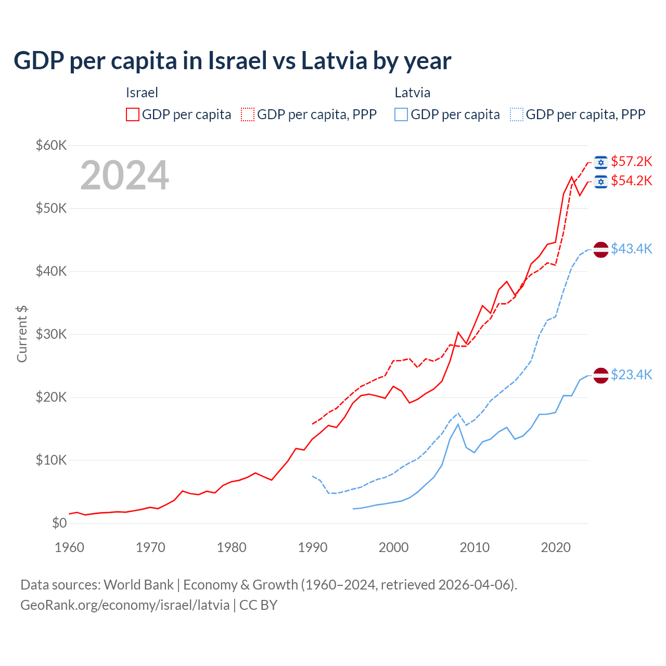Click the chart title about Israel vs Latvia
[x=232, y=61]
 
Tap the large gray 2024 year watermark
[x=124, y=175]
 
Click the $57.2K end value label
[x=631, y=161]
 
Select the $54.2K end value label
[x=631, y=181]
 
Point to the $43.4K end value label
[x=631, y=249]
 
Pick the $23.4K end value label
[x=631, y=375]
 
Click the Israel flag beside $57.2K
[x=601, y=162]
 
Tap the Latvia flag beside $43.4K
[x=601, y=250]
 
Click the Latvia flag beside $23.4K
[x=601, y=375]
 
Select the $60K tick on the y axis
[x=51, y=145]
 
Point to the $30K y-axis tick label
[x=51, y=334]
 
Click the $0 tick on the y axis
[x=59, y=523]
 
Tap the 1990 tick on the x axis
[x=313, y=547]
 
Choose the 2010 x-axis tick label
[x=475, y=547]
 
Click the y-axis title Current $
[x=22, y=334]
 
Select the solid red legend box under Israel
[x=133, y=114]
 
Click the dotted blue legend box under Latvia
[x=517, y=114]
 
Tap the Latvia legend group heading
[x=412, y=93]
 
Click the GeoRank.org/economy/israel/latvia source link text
[x=125, y=605]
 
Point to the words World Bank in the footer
[x=138, y=585]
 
